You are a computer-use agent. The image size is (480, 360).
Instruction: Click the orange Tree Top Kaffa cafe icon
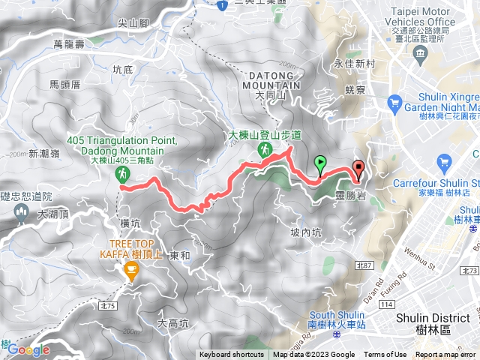(x=132, y=274)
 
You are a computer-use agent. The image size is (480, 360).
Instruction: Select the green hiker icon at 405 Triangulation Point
(x=121, y=174)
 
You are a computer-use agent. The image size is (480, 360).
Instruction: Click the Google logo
(x=28, y=349)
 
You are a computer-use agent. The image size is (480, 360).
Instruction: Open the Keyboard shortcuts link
(x=232, y=355)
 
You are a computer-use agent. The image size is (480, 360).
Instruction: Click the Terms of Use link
(x=385, y=355)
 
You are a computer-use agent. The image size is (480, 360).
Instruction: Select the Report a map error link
(x=445, y=355)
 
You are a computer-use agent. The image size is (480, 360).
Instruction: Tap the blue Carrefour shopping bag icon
(x=444, y=161)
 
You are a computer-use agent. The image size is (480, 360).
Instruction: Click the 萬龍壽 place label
(x=91, y=46)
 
